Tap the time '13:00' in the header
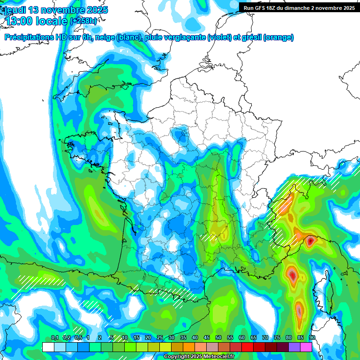22,21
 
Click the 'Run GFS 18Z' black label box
299,7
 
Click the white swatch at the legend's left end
48,347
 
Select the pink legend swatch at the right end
306,347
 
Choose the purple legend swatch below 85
294,347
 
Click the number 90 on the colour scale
312,338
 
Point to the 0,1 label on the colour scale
55,338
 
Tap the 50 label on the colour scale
218,338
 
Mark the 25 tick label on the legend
160,338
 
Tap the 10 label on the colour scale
125,338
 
